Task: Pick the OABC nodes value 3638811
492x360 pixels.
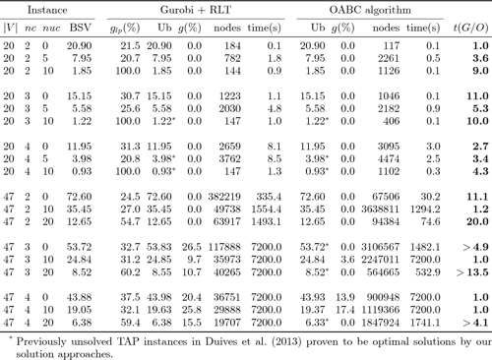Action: tap(388, 210)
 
